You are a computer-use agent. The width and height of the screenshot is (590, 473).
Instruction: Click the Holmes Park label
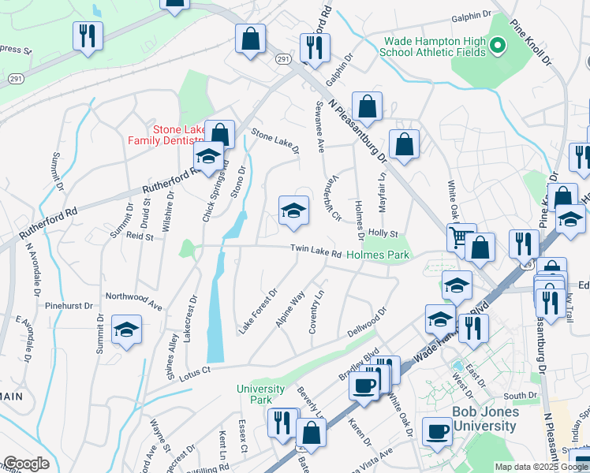tap(378, 255)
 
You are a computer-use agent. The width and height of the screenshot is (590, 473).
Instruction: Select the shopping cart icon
tap(461, 236)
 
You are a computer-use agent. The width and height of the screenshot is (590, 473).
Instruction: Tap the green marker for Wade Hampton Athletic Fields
tap(497, 47)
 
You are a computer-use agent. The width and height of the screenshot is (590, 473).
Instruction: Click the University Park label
tap(261, 394)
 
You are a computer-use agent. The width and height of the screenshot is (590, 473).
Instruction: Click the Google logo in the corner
tap(26, 464)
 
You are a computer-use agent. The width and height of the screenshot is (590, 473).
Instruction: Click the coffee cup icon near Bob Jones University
tap(437, 431)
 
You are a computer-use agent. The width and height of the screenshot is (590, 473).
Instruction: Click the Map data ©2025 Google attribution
tap(540, 467)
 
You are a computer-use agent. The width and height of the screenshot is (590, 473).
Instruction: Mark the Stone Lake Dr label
tap(275, 141)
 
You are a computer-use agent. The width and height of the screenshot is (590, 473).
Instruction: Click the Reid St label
tap(139, 236)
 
